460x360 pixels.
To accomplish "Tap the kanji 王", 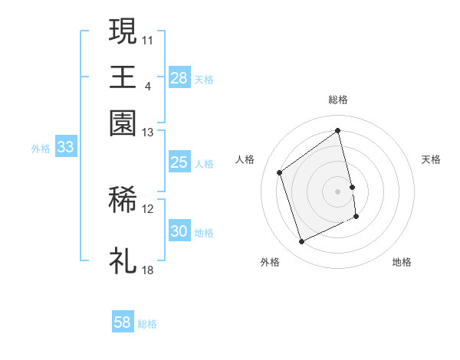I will pos(123,77).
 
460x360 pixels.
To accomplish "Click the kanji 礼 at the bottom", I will pos(123,261).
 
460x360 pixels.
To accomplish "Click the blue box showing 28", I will pos(179,78).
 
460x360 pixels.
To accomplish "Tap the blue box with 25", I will pos(179,162).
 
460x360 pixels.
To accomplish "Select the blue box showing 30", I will pos(179,231).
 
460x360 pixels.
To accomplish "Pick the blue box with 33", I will pos(65,148).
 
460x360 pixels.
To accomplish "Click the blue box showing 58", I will pos(123,322).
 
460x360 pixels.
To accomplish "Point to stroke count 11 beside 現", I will pos(148,38).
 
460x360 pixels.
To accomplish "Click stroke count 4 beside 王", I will pos(147,85).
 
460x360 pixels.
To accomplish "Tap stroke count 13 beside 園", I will pos(148,132).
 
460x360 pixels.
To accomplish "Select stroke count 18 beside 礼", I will pos(148,270).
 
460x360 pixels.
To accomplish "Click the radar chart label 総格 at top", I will pos(338,100).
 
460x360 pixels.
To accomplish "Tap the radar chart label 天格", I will pos(431,159).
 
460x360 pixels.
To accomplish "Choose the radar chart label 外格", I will pos(270,262).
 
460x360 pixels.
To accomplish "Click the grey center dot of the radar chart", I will pos(338,191).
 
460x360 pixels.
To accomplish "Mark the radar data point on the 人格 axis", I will pos(280,172).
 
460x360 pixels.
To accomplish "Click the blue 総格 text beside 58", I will pos(148,324).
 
